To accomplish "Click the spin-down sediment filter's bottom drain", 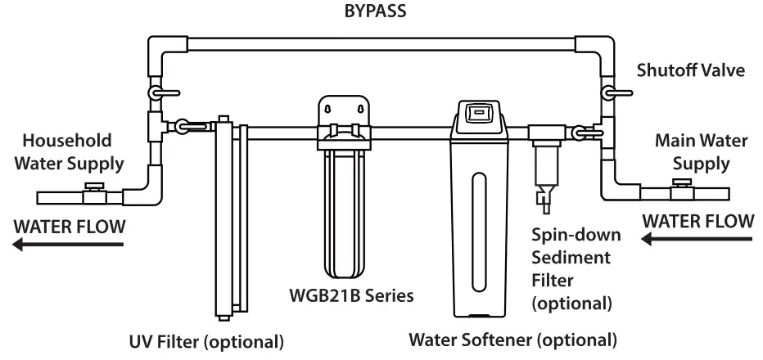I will pyautogui.click(x=544, y=197).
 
